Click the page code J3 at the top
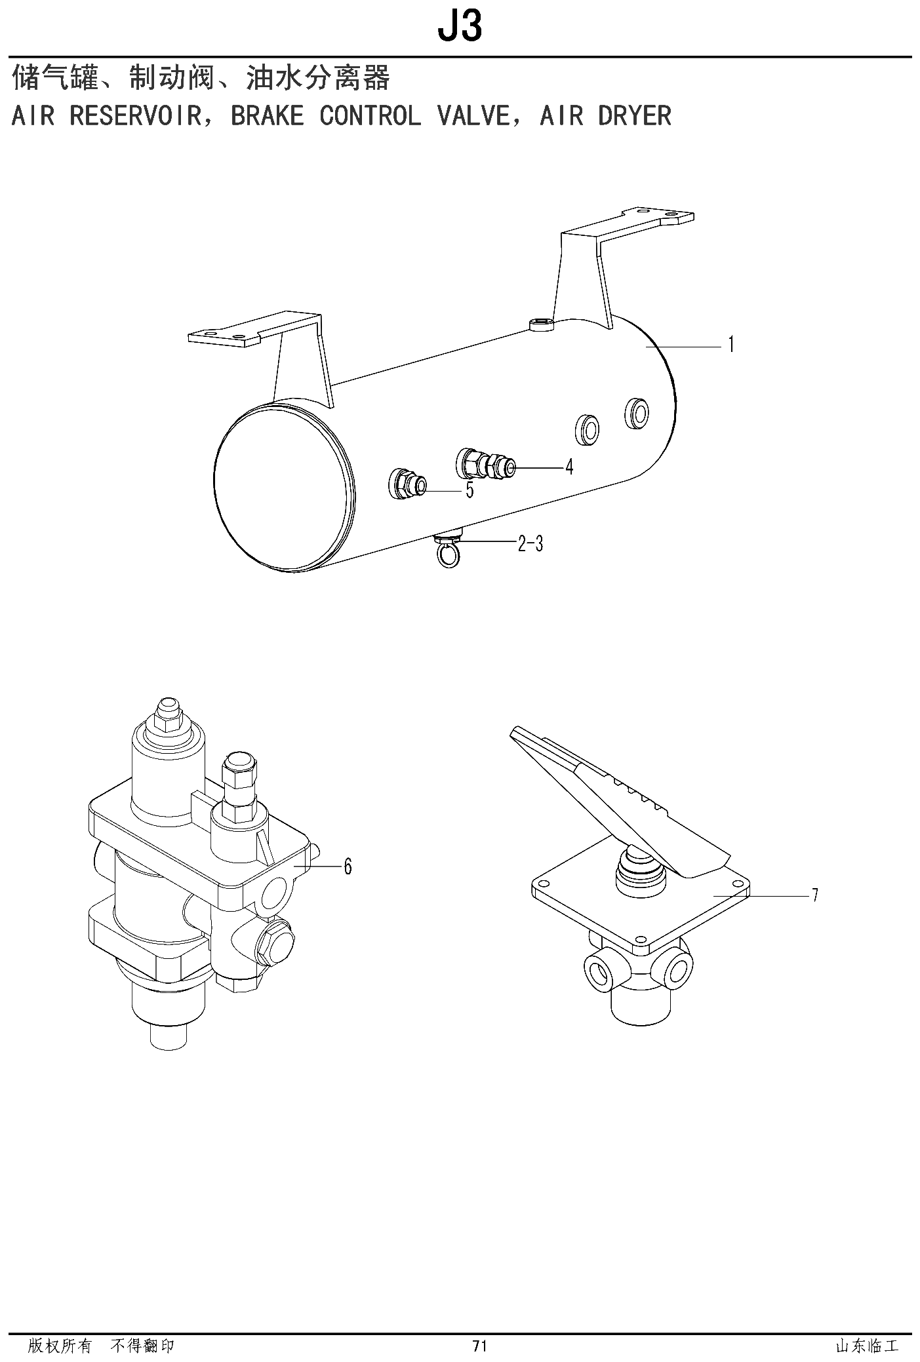pos(460,26)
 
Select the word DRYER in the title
pos(635,116)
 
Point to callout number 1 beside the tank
pos(731,345)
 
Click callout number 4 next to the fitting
pos(569,467)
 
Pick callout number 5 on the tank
pos(470,490)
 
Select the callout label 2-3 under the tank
pos(530,543)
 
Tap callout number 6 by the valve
pos(348,866)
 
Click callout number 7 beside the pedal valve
pos(815,895)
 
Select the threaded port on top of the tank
pos(541,323)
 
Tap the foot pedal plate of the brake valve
pos(620,804)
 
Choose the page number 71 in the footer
pos(479,1346)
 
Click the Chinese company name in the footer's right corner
pos(867,1346)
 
